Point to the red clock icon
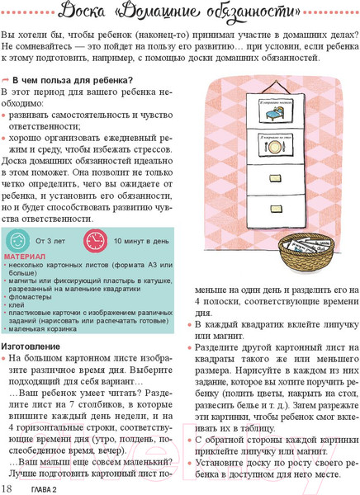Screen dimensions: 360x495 point(96,241)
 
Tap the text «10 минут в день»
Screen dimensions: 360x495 point(141,241)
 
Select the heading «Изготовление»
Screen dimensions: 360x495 point(30,345)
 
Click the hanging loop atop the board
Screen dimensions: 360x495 point(272,83)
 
